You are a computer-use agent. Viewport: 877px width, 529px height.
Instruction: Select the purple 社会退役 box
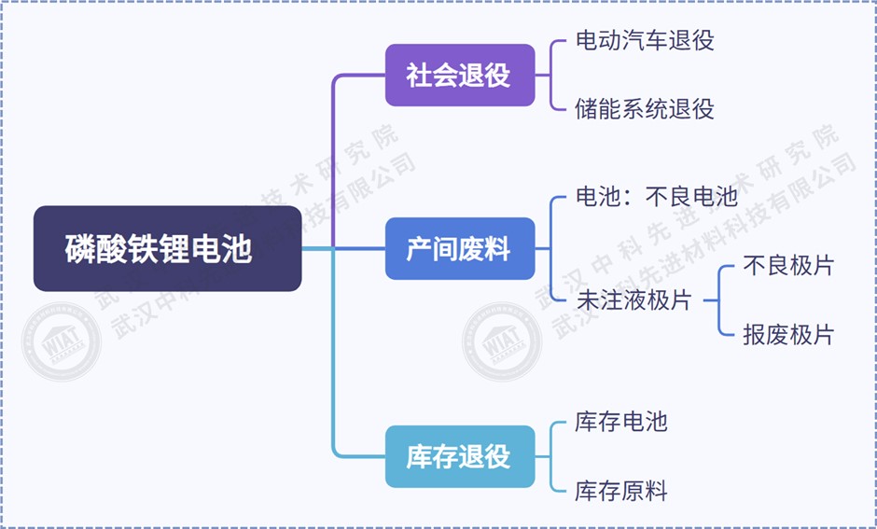(x=460, y=75)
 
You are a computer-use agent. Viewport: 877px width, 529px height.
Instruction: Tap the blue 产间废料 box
(x=460, y=249)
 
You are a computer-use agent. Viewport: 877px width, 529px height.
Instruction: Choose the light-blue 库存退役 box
(x=460, y=456)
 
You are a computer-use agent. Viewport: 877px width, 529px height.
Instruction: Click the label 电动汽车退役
(x=645, y=40)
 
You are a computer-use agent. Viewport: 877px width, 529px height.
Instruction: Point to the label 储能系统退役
(x=645, y=108)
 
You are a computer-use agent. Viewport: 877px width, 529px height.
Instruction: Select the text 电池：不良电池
(x=657, y=197)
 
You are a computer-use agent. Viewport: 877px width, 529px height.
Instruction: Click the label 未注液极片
(x=633, y=300)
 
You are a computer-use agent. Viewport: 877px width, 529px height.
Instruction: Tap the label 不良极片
(x=787, y=266)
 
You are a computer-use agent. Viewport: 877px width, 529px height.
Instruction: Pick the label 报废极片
(x=787, y=335)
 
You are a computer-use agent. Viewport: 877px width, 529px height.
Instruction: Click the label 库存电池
(x=621, y=421)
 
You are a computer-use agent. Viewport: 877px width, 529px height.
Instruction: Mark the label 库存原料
(x=621, y=491)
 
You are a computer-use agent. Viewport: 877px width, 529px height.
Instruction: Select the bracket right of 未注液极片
(x=718, y=300)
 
